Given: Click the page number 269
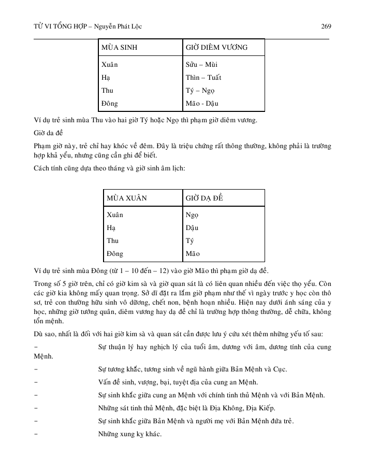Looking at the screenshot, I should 326,26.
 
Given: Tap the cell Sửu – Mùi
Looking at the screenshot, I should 201,65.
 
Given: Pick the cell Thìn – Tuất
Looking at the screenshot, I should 203,78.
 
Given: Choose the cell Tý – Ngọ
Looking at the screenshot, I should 200,91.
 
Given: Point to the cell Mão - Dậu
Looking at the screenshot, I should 202,104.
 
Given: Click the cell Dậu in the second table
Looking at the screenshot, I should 192,228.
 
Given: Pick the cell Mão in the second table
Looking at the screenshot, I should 192,254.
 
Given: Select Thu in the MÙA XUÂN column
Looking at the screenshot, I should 112,241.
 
